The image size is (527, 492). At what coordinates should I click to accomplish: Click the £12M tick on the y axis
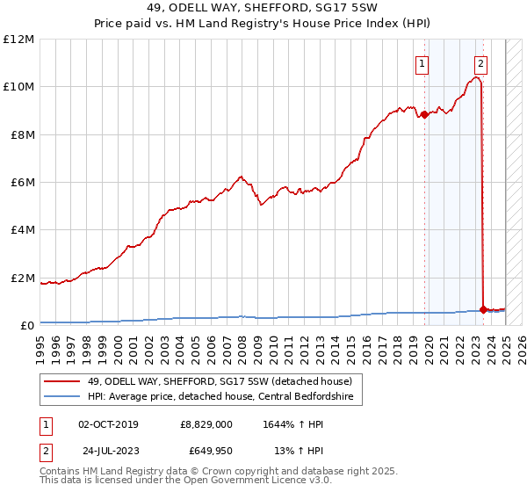coord(18,40)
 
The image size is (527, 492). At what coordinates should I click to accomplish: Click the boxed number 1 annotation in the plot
coord(422,63)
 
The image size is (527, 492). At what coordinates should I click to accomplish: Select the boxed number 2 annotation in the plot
coord(481,63)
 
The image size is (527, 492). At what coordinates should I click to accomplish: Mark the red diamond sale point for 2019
coord(424,114)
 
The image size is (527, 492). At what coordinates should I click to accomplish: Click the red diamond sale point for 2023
coord(483,310)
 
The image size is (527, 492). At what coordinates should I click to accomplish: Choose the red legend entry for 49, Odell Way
coord(220,381)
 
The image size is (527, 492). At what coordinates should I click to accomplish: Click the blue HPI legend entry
coord(220,397)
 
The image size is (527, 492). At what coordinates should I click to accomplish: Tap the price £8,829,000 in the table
coord(206,424)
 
